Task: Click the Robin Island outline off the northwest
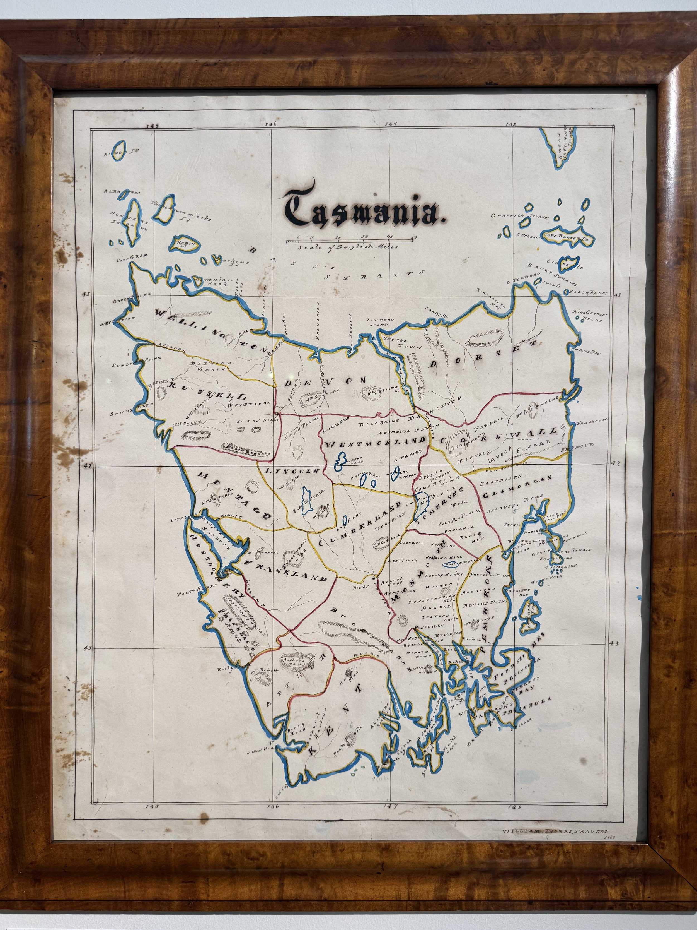click(x=184, y=243)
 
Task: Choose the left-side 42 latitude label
click(x=87, y=466)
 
